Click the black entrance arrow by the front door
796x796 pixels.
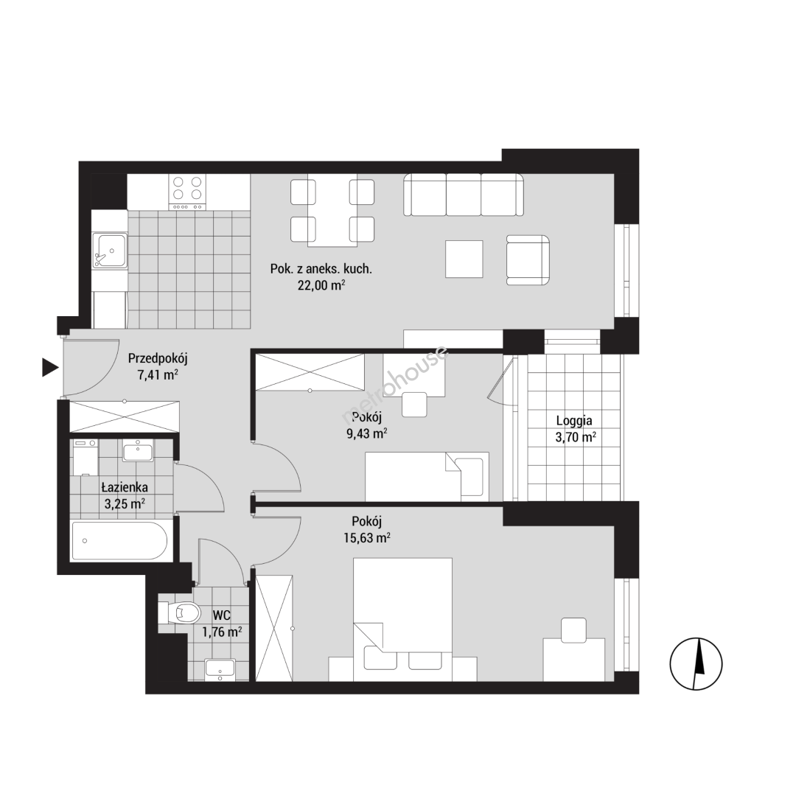click(49, 368)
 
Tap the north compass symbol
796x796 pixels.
click(696, 663)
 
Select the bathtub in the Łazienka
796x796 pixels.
click(120, 541)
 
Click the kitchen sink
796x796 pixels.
click(109, 251)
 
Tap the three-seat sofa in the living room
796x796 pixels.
click(464, 195)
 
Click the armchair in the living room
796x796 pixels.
click(528, 260)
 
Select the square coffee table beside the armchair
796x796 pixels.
click(464, 259)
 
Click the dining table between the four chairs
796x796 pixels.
click(332, 210)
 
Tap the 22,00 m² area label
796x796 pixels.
click(321, 285)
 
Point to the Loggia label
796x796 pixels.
click(574, 420)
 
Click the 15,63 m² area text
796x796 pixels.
click(367, 538)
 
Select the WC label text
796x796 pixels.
click(222, 615)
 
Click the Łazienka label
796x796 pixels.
click(125, 487)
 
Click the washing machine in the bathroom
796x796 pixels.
click(85, 458)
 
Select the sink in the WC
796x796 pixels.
click(220, 669)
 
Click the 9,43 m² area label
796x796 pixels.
click(366, 433)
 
